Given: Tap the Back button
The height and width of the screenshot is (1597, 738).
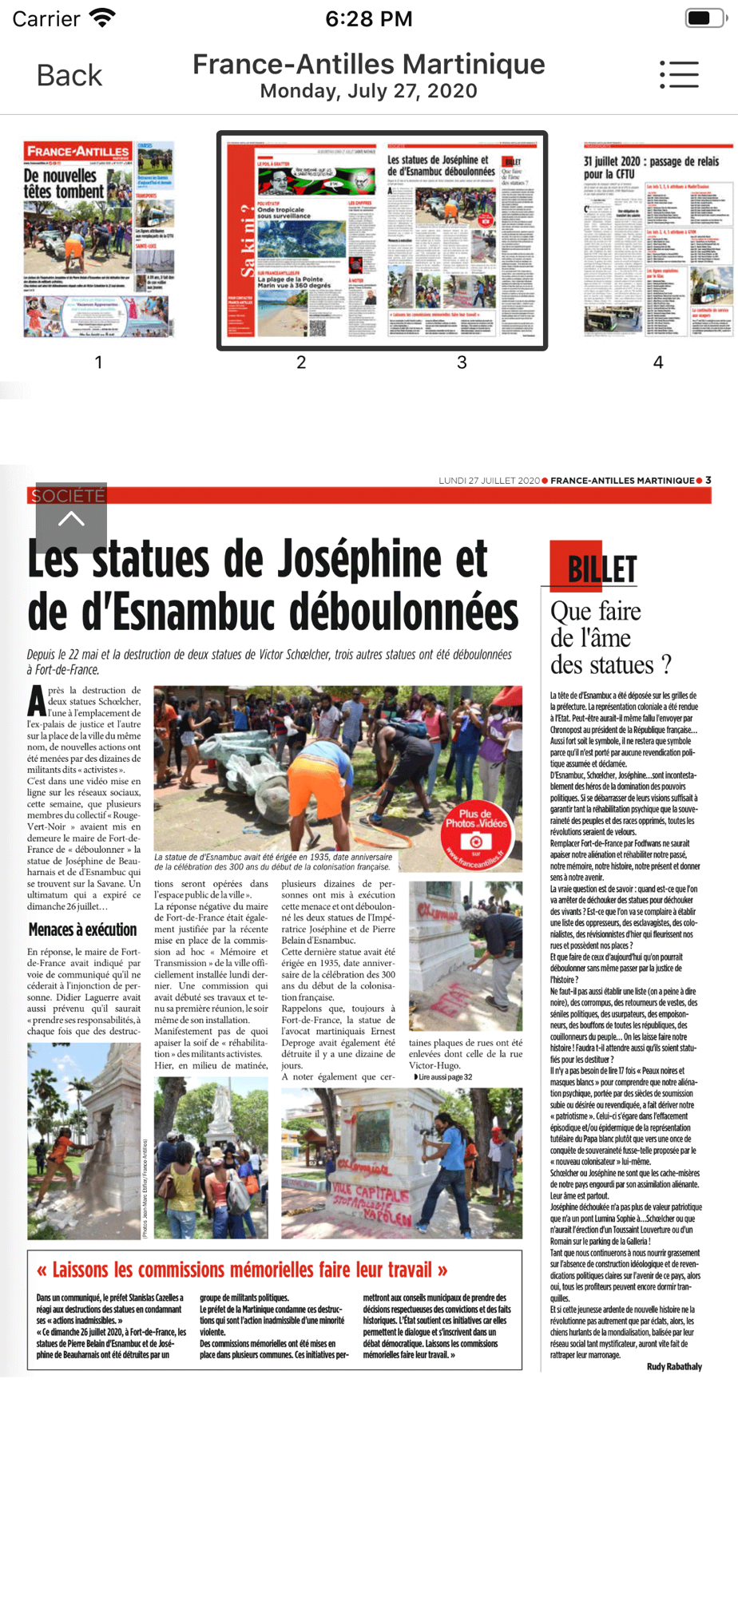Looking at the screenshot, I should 69,76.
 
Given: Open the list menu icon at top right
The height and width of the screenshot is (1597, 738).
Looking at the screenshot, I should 679,75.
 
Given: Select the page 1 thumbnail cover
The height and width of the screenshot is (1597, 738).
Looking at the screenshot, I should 98,240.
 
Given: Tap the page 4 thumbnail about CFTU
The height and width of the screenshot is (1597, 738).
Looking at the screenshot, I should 658,240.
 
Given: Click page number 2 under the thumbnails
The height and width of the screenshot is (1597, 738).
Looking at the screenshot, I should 301,363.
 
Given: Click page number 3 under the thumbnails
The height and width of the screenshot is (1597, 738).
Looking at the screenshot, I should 462,363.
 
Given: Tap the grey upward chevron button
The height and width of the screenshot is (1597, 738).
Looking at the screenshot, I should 71,519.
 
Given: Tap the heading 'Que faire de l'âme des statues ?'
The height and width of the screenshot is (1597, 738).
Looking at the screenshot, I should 610,638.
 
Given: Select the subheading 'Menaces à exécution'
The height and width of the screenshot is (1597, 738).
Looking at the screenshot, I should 82,929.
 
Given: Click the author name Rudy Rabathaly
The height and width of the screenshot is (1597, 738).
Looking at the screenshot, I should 674,1366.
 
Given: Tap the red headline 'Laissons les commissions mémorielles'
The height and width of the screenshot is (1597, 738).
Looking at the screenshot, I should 242,1270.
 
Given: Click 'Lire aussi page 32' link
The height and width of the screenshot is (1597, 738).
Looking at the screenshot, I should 443,1077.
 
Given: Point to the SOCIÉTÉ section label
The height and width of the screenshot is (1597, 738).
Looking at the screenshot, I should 68,496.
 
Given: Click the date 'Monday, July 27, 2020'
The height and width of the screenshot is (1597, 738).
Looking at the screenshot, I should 368,91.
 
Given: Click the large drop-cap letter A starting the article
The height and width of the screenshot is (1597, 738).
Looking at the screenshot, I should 37,700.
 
